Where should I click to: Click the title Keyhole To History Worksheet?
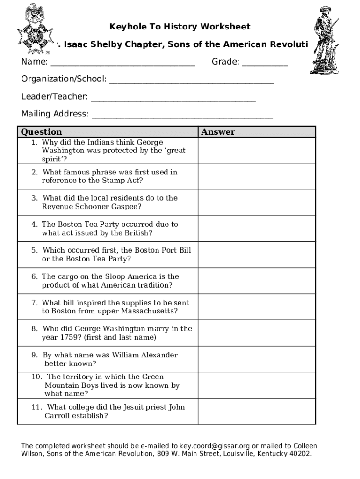click(x=180, y=27)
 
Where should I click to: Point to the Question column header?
click(x=41, y=132)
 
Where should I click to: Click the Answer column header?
click(x=218, y=132)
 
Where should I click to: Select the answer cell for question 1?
click(x=256, y=151)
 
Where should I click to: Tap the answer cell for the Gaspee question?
click(x=256, y=203)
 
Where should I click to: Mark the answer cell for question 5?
click(x=256, y=255)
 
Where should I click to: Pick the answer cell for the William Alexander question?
click(x=256, y=359)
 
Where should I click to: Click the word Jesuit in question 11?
click(x=138, y=407)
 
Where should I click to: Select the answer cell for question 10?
click(x=256, y=385)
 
